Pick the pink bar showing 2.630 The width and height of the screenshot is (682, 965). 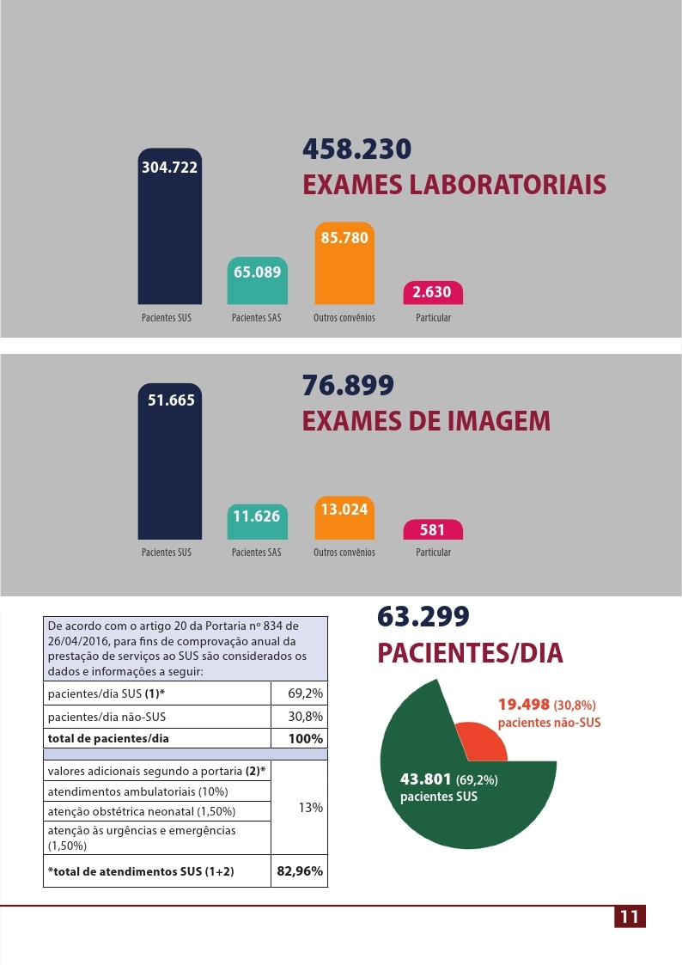(x=432, y=293)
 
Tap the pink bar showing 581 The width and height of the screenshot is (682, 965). (x=432, y=530)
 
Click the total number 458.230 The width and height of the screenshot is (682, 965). (x=357, y=149)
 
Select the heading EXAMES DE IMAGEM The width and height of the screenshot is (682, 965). (x=427, y=421)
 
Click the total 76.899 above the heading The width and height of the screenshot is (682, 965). (x=348, y=385)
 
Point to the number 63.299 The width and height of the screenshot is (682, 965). (x=423, y=616)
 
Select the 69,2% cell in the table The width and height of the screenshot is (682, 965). (x=299, y=693)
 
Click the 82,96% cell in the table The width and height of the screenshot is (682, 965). (x=299, y=871)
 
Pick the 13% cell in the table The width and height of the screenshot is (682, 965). (x=299, y=807)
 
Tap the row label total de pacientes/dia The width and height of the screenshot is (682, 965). (x=157, y=738)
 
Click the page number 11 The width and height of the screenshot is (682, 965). (x=630, y=917)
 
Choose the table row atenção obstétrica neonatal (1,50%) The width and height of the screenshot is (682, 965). (x=157, y=811)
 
